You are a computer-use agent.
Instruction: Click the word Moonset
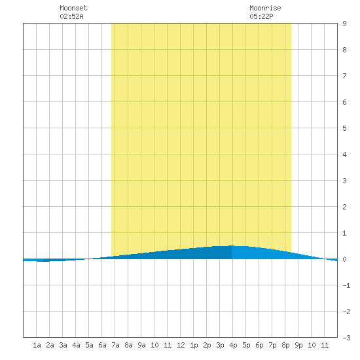coord(73,8)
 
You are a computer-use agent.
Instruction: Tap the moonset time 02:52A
coord(71,16)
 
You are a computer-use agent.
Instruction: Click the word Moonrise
coord(265,8)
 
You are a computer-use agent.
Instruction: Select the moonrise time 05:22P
coord(261,16)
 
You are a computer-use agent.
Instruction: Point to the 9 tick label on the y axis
coord(344,24)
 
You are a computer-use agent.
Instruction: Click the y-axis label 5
coord(344,128)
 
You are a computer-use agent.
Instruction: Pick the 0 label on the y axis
coord(344,259)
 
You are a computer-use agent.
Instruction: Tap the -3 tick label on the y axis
coord(347,338)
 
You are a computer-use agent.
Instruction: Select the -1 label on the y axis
coord(347,285)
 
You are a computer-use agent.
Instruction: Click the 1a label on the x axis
coord(37,345)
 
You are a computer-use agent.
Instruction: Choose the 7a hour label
coord(115,345)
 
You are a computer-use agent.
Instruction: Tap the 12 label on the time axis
coord(181,345)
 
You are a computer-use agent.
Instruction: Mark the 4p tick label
coord(233,345)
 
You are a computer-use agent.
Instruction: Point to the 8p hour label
coord(285,345)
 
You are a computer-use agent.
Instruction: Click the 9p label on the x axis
coord(298,345)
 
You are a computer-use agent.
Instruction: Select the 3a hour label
coord(63,345)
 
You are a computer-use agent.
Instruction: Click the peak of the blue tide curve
coord(232,245)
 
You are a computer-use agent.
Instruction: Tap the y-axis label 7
coord(344,76)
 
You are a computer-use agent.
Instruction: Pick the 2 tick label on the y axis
coord(344,207)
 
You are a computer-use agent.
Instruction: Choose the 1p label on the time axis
coord(194,345)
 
